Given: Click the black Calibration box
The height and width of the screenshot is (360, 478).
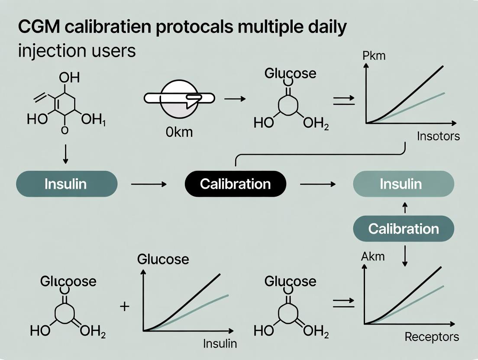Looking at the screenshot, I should click(236, 184).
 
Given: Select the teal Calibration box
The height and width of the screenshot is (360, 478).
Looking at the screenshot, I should click(404, 228).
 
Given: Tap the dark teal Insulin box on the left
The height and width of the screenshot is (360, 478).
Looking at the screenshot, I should click(66, 184).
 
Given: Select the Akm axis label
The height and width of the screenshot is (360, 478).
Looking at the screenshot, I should click(372, 257).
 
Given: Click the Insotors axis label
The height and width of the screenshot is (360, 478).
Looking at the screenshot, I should click(438, 136).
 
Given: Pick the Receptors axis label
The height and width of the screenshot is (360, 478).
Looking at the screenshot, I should click(432, 337).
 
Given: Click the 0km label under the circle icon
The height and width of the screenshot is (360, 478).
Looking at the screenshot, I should click(178, 132).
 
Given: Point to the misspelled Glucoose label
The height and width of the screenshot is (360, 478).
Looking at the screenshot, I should click(68, 282).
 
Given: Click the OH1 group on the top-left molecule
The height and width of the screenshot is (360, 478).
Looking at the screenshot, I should click(94, 120).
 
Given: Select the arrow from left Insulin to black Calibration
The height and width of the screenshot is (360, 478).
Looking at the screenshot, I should click(149, 184).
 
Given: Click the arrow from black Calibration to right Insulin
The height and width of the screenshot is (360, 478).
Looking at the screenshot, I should click(318, 184).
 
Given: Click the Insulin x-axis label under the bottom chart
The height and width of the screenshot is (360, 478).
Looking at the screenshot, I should click(220, 344).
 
